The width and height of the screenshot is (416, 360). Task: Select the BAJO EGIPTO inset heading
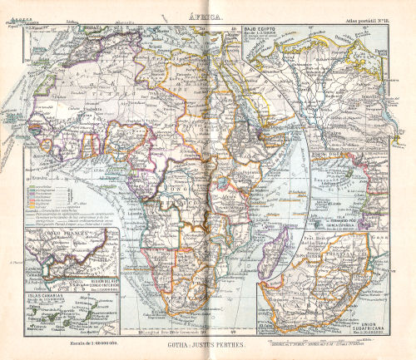[x=260, y=30]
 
